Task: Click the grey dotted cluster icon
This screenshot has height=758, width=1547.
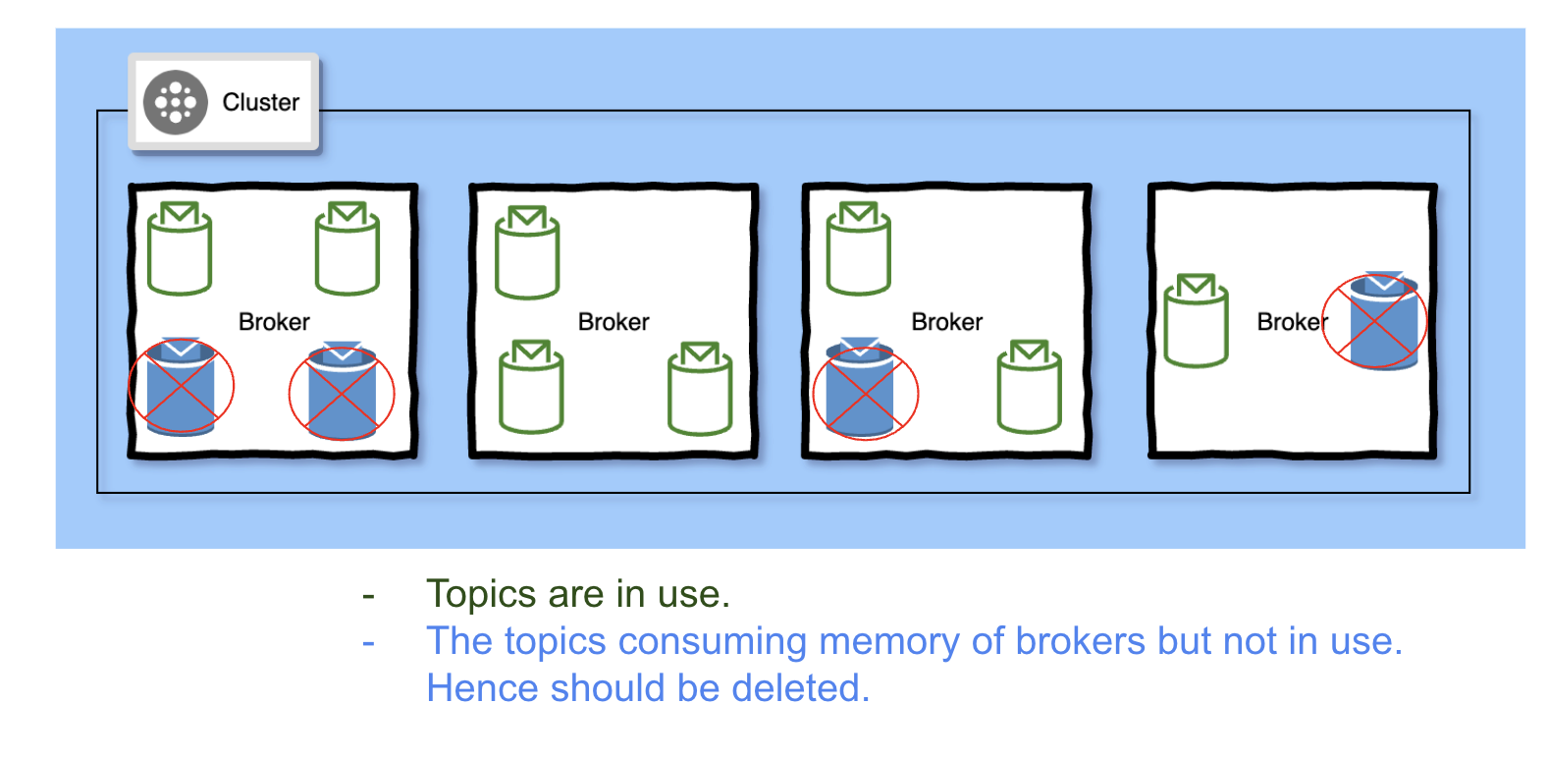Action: (176, 102)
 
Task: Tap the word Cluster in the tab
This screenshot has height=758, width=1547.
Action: (260, 102)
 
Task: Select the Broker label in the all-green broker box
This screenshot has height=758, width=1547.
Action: (613, 322)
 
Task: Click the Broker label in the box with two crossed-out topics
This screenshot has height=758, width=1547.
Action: (274, 322)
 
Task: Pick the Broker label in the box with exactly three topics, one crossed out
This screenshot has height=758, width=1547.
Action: (946, 322)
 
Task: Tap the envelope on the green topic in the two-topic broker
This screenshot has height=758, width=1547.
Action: (1196, 287)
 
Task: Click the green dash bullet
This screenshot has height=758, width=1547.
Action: (368, 596)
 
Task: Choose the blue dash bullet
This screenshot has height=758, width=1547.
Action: (368, 643)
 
